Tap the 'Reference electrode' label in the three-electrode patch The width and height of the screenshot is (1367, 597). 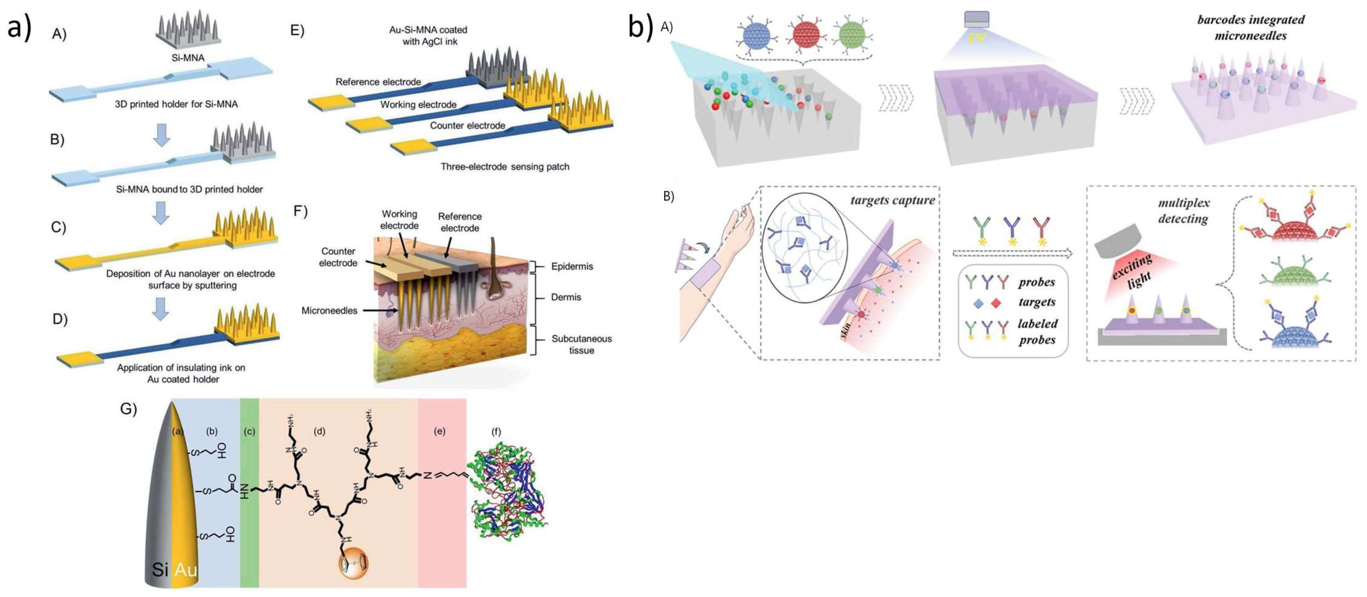378,82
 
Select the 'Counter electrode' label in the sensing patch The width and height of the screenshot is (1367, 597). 467,125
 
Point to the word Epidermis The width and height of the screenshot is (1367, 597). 572,266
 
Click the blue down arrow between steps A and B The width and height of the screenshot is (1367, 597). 161,135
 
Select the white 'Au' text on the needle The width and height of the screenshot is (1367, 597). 186,570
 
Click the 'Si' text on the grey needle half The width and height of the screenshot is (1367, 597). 160,570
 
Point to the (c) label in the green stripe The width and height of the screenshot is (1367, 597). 249,431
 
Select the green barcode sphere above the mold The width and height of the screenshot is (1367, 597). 852,36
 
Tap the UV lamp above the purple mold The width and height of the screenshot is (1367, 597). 976,21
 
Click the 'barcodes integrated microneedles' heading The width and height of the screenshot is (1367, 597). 1250,28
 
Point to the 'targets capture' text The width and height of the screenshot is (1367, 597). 892,200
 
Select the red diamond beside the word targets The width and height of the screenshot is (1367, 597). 996,303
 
